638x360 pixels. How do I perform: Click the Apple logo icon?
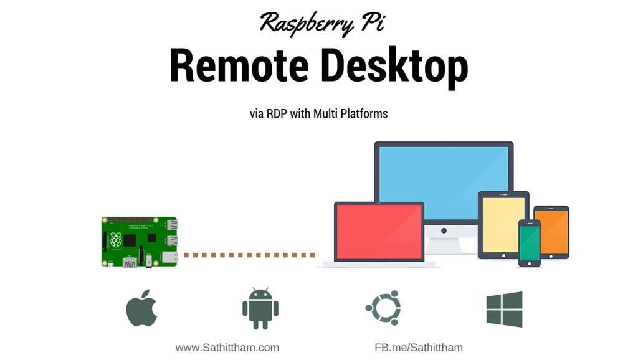141,308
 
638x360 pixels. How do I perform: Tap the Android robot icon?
260,308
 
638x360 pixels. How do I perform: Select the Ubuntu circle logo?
383,308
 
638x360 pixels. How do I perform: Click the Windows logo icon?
504,309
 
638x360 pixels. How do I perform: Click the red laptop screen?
379,230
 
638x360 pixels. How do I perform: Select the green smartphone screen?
530,242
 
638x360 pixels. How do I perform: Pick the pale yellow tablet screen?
503,224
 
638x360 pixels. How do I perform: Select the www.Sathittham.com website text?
227,348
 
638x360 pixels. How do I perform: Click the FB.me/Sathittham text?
418,348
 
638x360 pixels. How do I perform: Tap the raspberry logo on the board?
115,240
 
